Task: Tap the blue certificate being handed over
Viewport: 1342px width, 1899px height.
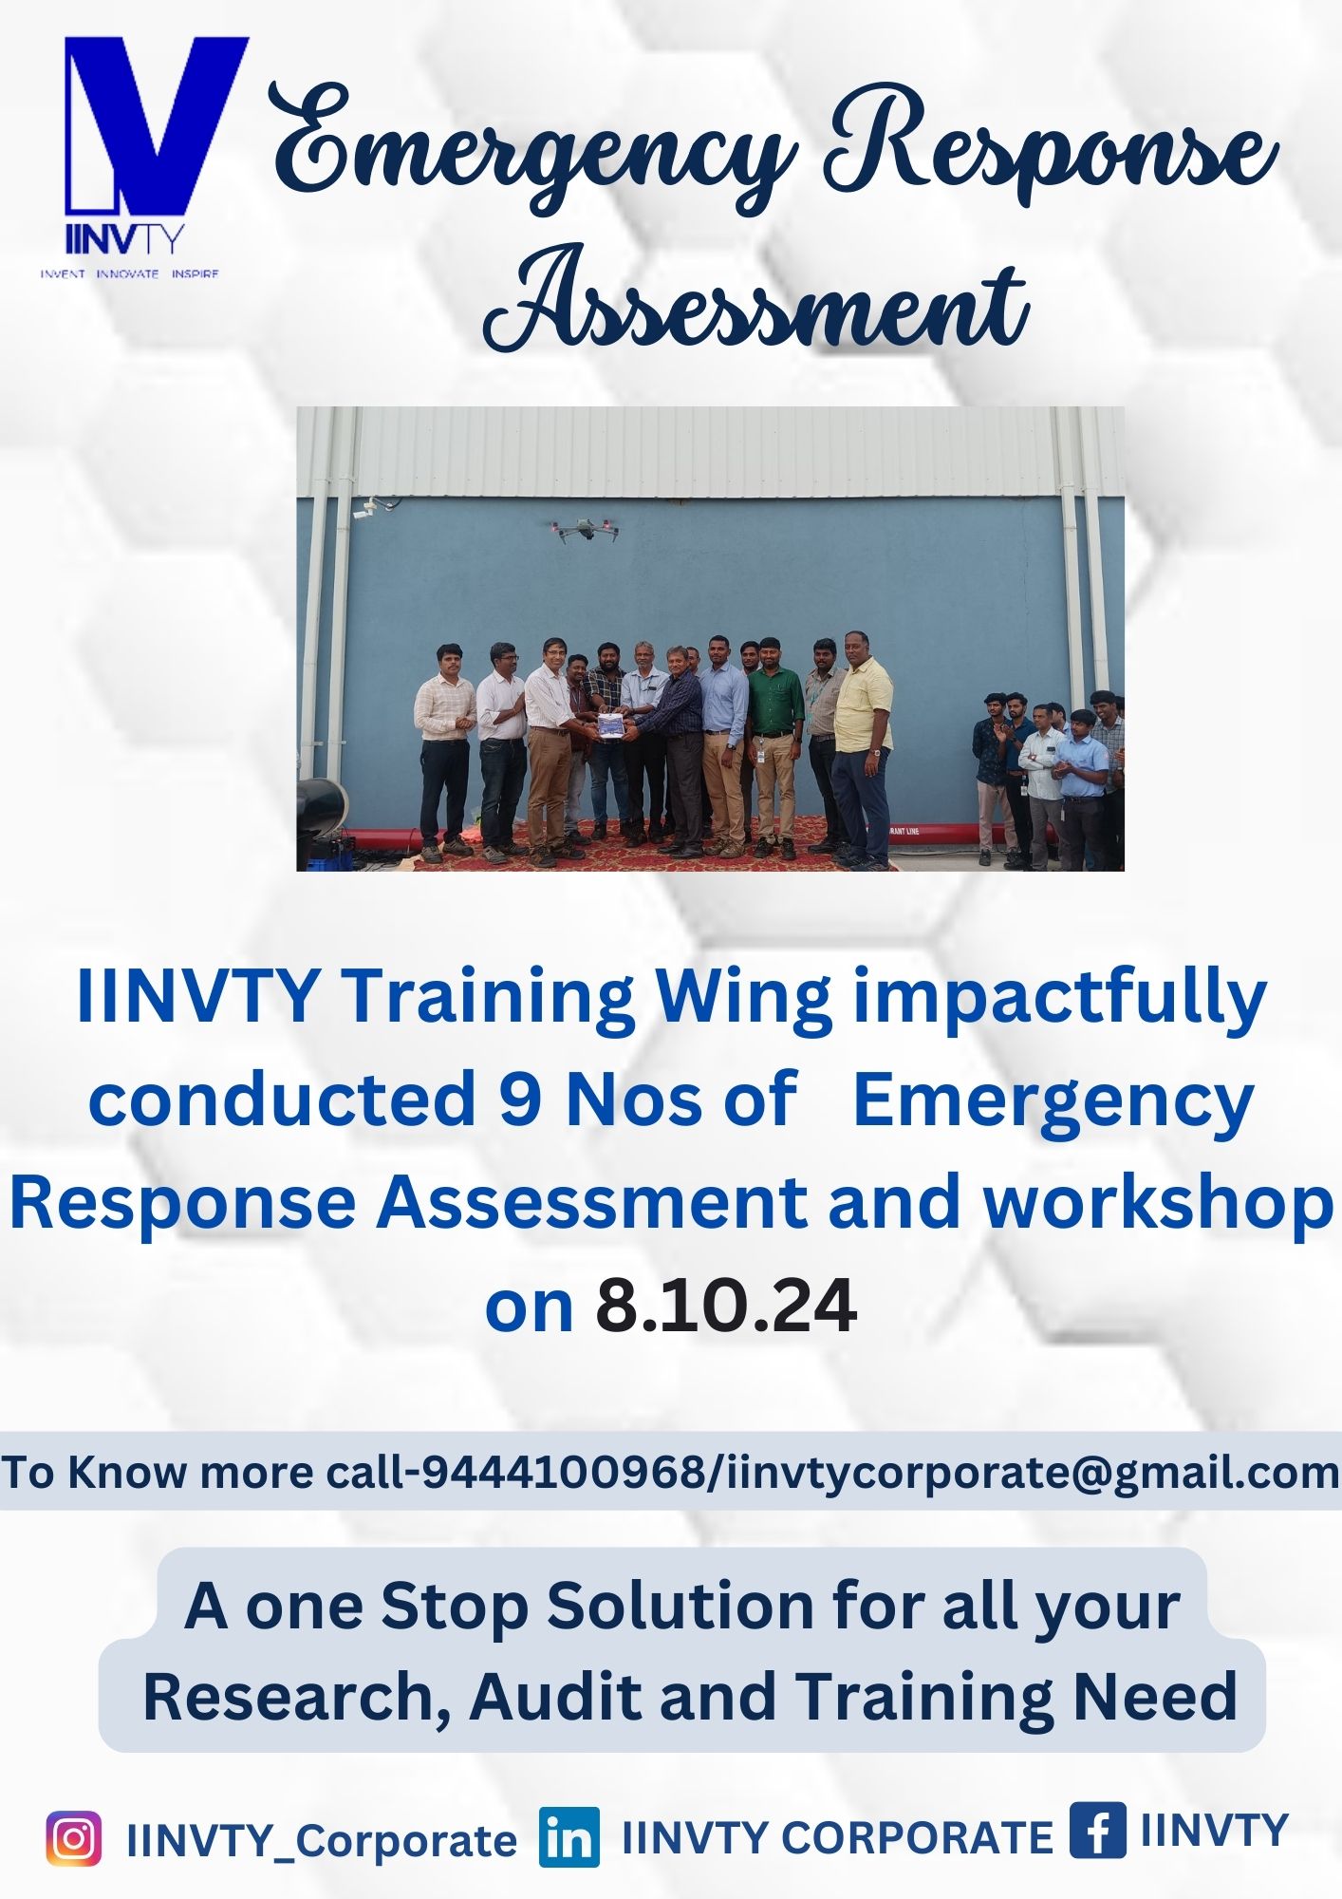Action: click(608, 725)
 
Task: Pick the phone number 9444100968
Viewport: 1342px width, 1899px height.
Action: click(561, 1473)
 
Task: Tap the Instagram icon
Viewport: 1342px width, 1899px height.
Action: click(73, 1838)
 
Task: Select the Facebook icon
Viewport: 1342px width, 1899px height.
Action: click(1097, 1830)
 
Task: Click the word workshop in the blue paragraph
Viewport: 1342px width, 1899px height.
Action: click(1157, 1203)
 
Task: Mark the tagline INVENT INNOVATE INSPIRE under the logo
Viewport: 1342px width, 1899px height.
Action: click(129, 273)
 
